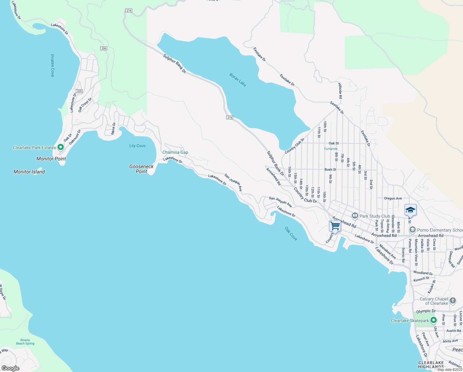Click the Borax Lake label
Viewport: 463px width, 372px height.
238,80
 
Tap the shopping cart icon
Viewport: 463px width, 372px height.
335,226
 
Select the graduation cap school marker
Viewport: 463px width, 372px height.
410,210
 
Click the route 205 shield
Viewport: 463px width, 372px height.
79,91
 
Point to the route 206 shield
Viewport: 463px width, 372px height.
104,48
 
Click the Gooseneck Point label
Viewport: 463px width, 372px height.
141,169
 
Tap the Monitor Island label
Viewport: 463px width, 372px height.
29,172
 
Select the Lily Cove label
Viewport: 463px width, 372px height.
137,146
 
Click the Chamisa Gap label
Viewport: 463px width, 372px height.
175,153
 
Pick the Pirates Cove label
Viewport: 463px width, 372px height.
53,65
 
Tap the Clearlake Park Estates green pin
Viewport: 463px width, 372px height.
61,147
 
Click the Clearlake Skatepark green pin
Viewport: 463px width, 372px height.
434,320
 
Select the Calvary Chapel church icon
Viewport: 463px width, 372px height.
452,300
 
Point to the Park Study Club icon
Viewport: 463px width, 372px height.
355,216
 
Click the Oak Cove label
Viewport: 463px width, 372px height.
291,233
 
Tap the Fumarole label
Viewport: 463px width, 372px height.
331,149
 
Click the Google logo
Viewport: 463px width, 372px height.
10,368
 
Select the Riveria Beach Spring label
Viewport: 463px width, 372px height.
25,342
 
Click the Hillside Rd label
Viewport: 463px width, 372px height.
340,91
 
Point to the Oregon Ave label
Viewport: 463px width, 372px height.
393,198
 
